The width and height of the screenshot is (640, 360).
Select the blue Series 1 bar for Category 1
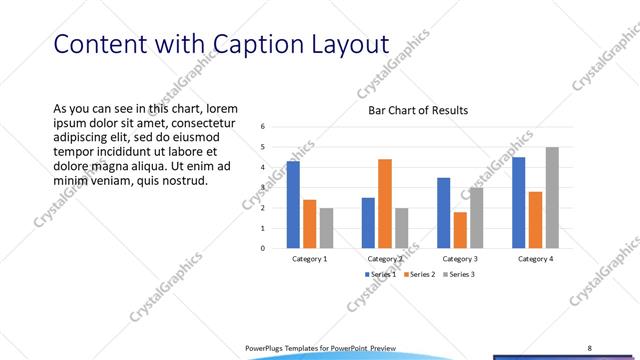click(293, 204)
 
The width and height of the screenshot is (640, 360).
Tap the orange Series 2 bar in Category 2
click(385, 203)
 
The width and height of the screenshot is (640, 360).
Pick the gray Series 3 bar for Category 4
click(552, 197)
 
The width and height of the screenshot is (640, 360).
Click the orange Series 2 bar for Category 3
click(460, 230)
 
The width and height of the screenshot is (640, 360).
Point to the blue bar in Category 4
click(519, 202)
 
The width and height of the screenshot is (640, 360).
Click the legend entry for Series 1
click(381, 274)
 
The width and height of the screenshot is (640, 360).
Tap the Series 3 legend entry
click(457, 274)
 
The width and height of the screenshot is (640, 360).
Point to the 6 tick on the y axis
click(262, 126)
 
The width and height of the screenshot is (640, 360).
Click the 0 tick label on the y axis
click(262, 248)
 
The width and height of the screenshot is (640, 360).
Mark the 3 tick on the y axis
click(262, 187)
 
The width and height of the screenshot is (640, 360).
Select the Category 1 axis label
click(309, 259)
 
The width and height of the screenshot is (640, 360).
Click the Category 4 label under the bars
click(535, 259)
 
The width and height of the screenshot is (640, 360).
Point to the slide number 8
click(590, 347)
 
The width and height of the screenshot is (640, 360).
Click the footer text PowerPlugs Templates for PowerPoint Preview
click(321, 347)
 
